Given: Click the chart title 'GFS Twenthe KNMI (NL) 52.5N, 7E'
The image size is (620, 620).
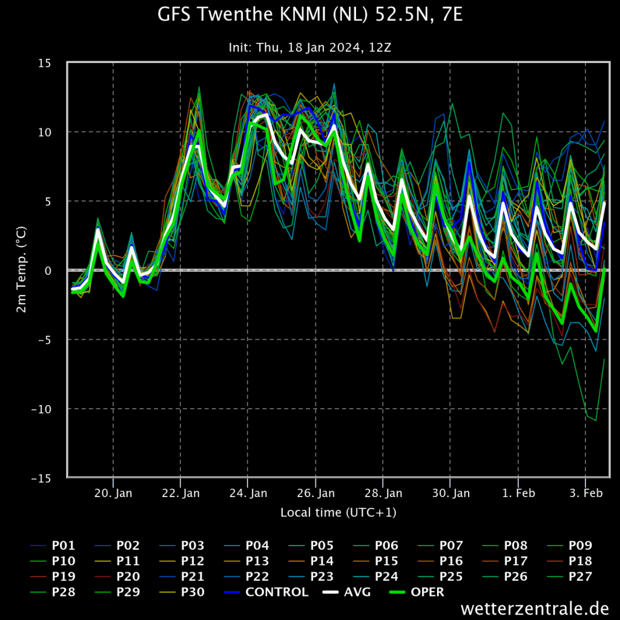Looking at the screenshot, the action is click(x=310, y=15).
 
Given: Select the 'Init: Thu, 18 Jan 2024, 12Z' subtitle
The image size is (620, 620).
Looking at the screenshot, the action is click(x=310, y=47).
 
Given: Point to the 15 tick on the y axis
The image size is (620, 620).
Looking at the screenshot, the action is click(x=45, y=63).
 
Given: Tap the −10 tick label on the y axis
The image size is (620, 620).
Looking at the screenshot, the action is click(x=42, y=409).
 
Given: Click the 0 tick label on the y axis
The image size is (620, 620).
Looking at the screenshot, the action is click(x=48, y=271).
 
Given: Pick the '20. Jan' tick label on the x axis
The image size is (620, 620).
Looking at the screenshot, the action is click(x=113, y=493).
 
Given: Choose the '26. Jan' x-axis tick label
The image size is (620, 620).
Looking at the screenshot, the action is click(x=315, y=493).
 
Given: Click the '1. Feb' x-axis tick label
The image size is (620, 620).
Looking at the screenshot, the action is click(x=518, y=493).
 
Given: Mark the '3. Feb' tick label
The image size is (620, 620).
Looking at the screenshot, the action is click(x=586, y=493).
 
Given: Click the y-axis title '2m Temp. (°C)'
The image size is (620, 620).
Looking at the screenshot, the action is click(x=21, y=269).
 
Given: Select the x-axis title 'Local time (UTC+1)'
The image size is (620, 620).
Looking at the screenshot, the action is click(x=338, y=512).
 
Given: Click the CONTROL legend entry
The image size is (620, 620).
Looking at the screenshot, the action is click(x=266, y=592).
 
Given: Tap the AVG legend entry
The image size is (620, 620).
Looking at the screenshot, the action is click(x=346, y=592).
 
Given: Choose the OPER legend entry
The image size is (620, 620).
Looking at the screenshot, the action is click(x=417, y=592).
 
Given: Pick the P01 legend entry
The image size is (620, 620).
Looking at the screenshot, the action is click(x=53, y=546).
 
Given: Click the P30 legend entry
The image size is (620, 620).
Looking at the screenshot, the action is click(x=182, y=592).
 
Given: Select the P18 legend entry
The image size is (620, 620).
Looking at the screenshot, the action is click(x=569, y=561).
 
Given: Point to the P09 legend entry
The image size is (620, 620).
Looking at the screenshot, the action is click(x=569, y=546).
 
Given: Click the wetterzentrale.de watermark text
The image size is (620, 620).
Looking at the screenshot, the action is click(x=535, y=608).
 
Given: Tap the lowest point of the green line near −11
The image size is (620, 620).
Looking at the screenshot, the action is click(x=596, y=420).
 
